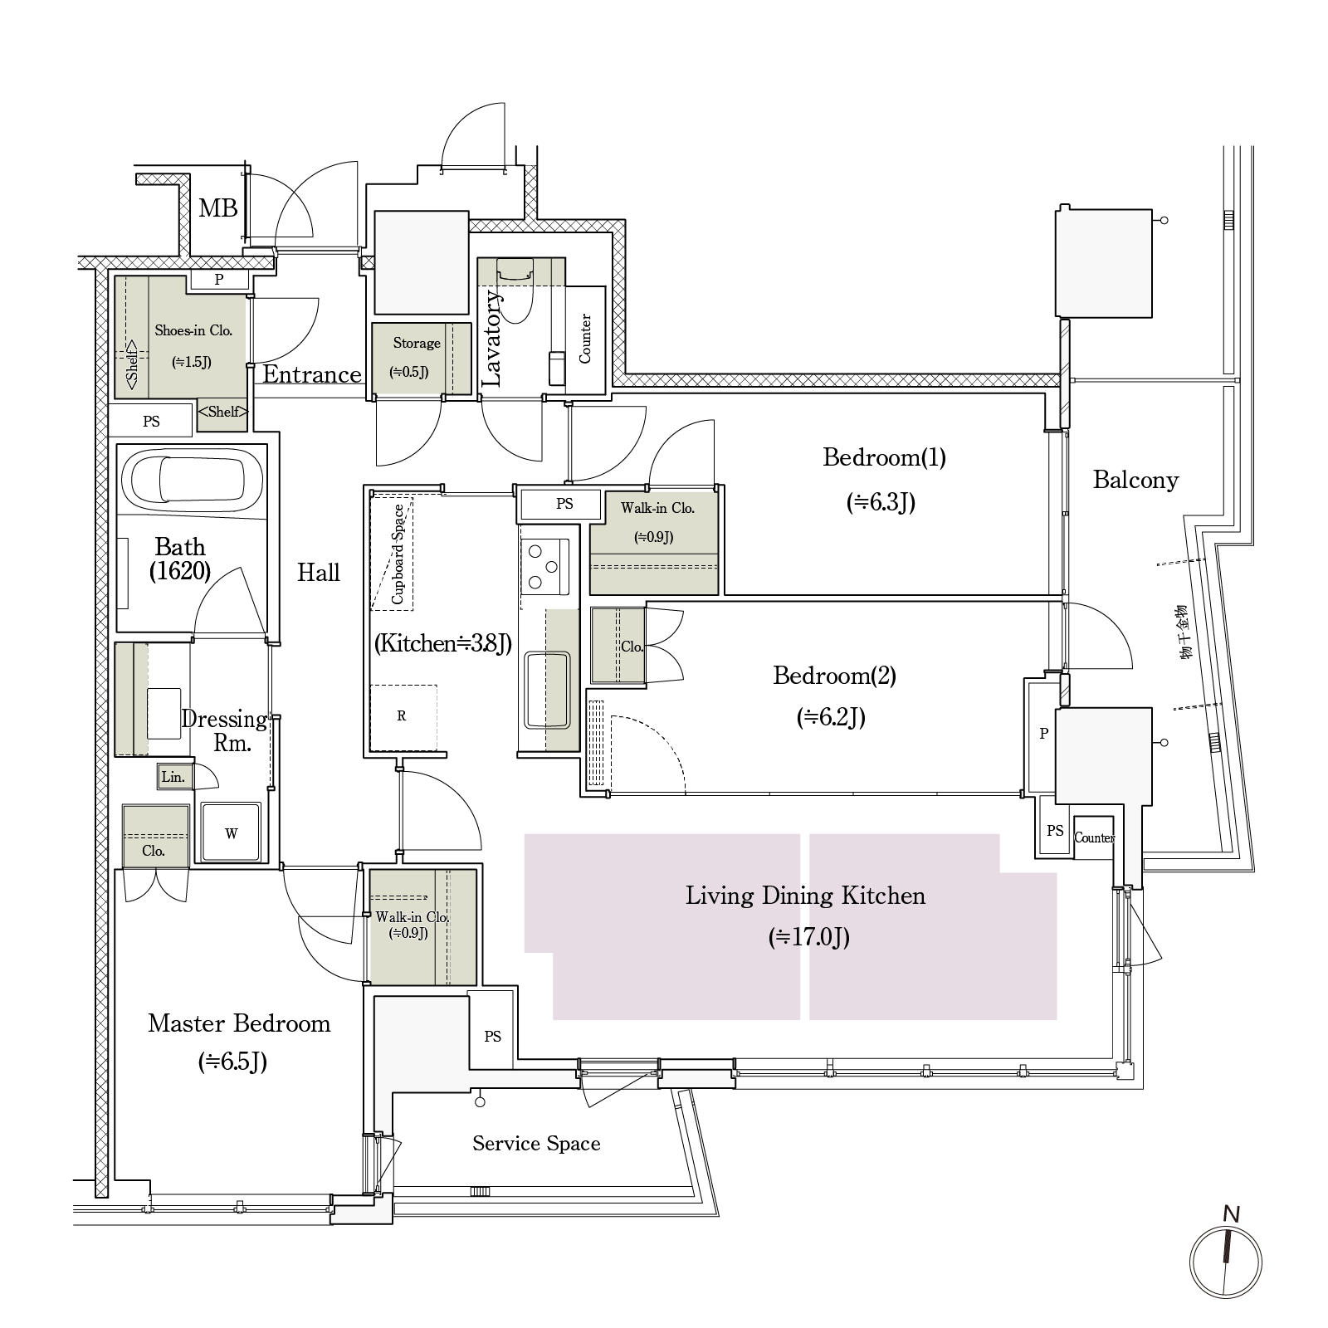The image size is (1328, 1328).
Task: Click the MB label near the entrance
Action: (x=218, y=208)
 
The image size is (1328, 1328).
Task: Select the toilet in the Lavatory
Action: (x=515, y=290)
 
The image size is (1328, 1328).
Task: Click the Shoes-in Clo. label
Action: (x=193, y=330)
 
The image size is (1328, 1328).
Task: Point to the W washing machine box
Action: (x=232, y=832)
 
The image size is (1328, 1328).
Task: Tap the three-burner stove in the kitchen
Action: (x=545, y=566)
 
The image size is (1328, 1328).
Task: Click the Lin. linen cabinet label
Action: (x=173, y=778)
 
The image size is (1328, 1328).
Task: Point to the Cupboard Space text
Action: (x=398, y=554)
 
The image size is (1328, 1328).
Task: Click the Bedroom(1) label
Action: (x=884, y=457)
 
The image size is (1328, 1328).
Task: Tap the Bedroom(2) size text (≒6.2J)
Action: (x=832, y=717)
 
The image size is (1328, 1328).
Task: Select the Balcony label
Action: (x=1135, y=480)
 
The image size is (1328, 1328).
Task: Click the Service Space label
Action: (x=536, y=1144)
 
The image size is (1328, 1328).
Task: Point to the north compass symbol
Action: (x=1226, y=1261)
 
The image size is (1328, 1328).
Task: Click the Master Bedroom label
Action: (x=239, y=1023)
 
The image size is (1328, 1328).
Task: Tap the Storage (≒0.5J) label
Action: (x=416, y=356)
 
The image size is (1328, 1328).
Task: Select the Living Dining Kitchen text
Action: (x=805, y=896)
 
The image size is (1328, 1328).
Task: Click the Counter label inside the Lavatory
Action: (x=585, y=339)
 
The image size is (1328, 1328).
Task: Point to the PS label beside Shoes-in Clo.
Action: (x=151, y=422)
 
